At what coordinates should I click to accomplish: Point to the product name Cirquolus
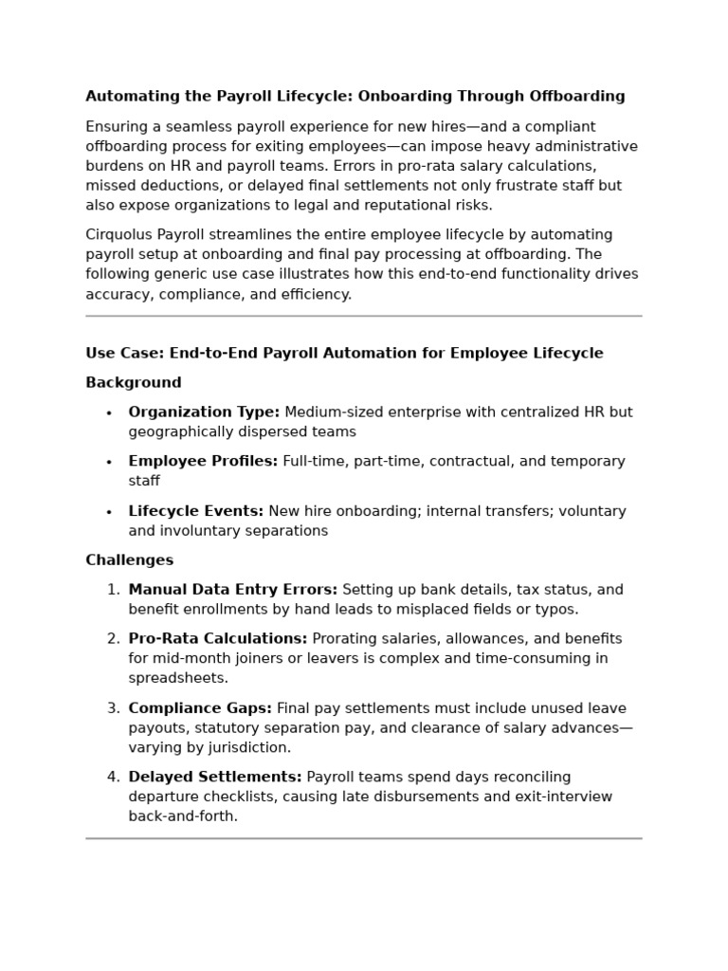click(119, 235)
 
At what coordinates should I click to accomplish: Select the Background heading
click(134, 383)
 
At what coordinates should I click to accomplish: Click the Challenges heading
click(130, 560)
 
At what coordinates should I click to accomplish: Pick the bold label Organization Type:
click(204, 412)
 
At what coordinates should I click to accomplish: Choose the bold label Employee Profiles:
click(203, 462)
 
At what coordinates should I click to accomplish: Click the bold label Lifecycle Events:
click(196, 512)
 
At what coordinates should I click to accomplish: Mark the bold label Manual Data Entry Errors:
click(233, 590)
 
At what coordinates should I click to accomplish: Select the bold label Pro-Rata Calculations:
click(218, 639)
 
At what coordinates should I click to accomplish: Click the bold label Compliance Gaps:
click(200, 708)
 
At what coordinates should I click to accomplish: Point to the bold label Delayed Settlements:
click(215, 778)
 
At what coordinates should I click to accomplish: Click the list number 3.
click(113, 708)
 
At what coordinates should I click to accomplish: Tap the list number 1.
click(113, 590)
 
